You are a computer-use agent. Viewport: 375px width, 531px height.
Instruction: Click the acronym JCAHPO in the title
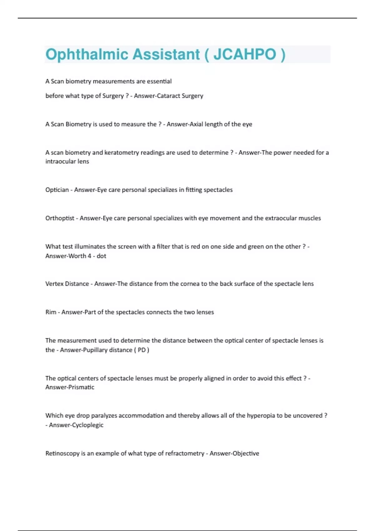(245, 54)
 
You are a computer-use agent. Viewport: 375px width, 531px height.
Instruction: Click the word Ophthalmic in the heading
(87, 54)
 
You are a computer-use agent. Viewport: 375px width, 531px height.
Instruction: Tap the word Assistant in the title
(166, 54)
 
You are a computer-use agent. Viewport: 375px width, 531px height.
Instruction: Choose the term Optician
(57, 190)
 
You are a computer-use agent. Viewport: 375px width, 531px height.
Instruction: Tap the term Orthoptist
(60, 218)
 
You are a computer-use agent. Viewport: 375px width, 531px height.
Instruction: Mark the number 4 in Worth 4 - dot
(89, 256)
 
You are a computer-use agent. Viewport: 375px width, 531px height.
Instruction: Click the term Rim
(51, 312)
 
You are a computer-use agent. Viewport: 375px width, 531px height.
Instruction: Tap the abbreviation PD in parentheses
(142, 350)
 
